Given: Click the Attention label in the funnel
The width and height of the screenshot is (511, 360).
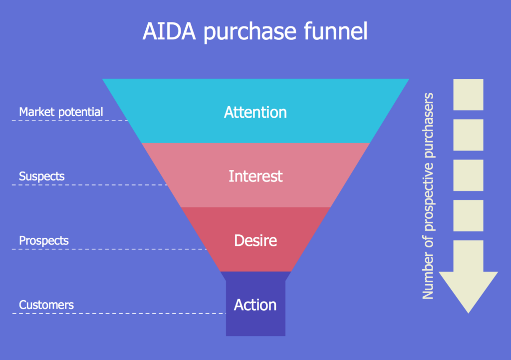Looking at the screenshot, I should [255, 112].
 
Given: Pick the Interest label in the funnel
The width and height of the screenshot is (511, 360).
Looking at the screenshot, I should [255, 176].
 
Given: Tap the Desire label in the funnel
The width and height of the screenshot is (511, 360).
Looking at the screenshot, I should [255, 241].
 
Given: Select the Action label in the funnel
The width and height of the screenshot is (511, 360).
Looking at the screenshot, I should [255, 305].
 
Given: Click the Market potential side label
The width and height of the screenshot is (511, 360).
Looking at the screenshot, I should [61, 112].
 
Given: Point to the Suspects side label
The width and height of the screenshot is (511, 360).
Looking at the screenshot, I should [42, 176].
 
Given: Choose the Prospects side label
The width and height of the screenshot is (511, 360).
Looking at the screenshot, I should [44, 241].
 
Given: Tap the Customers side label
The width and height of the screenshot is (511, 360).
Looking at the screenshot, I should [46, 305].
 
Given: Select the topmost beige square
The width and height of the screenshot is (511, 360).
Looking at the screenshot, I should [468, 94].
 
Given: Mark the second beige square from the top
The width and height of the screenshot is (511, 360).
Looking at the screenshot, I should [468, 135].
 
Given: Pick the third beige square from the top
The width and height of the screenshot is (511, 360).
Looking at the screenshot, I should [468, 175].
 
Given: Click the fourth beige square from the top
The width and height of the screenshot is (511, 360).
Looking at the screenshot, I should [468, 215].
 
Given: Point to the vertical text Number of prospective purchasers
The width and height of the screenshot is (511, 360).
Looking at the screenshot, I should [428, 196].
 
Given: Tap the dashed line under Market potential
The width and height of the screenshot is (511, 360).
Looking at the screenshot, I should [70, 121].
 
